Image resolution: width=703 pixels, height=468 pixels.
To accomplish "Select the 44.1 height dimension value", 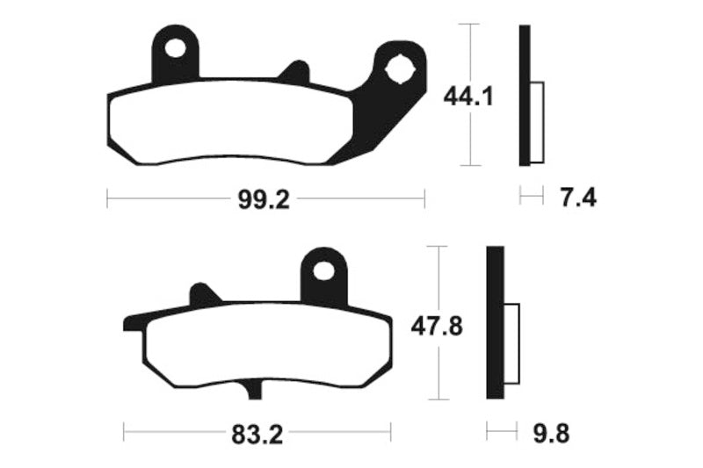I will tap(467, 96).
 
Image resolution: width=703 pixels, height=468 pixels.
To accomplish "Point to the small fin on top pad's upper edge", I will tap(294, 71).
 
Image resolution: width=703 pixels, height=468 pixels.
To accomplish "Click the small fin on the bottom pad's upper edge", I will tap(204, 294).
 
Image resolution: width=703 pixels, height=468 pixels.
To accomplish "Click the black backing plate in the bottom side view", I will tap(495, 326).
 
